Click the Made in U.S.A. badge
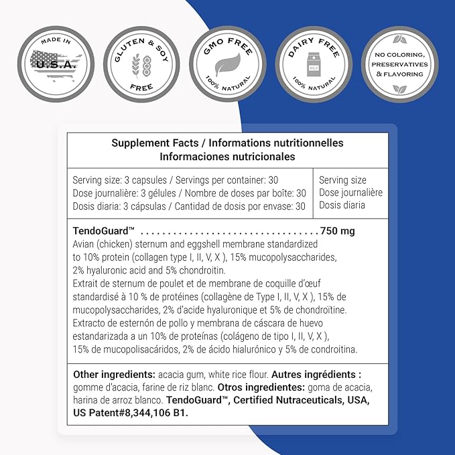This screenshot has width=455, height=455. click(56, 65)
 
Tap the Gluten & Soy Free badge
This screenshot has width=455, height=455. click(141, 65)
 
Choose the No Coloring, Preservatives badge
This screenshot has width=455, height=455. click(399, 65)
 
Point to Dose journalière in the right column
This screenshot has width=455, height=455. click(350, 193)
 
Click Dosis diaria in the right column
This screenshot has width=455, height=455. click(342, 206)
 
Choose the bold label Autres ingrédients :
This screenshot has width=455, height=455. click(324, 374)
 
